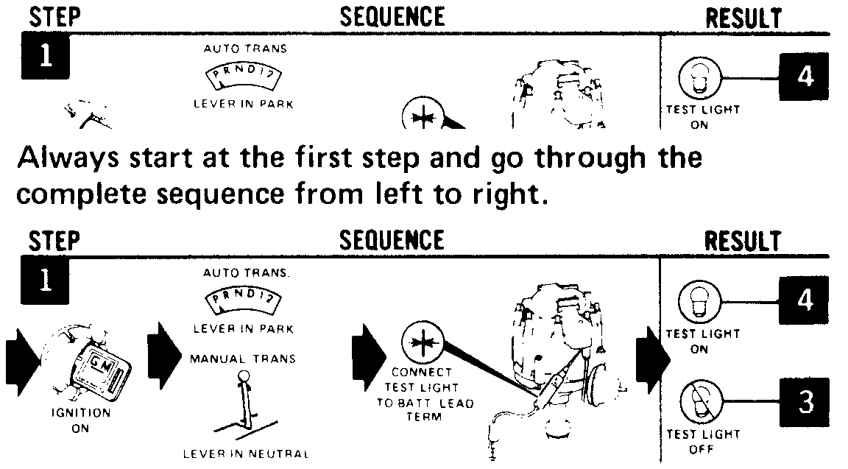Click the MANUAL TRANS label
coord(243,359)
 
